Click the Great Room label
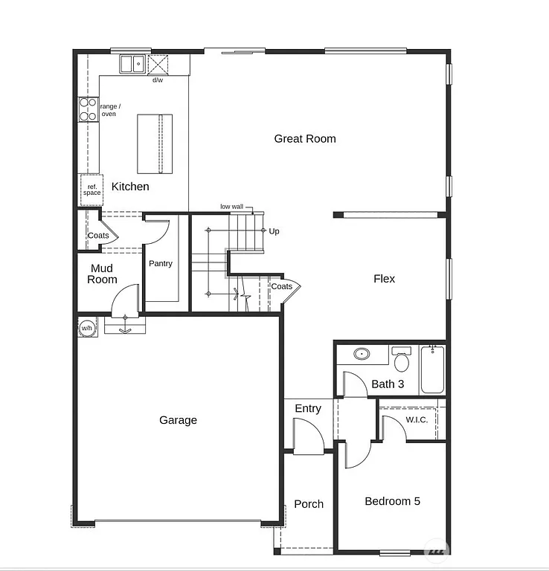[x=305, y=139]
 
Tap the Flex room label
[x=384, y=279]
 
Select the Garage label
[x=179, y=420]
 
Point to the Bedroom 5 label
[x=392, y=501]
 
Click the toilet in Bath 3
[x=402, y=361]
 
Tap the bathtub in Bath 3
[x=432, y=370]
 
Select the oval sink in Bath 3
[x=362, y=353]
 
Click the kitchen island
[x=155, y=143]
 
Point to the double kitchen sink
[x=132, y=64]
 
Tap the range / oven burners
[x=89, y=110]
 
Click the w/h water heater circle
[x=87, y=328]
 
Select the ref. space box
[x=91, y=190]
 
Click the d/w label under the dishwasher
[x=158, y=80]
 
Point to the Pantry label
[x=161, y=264]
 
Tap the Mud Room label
[x=102, y=274]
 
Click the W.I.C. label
[x=417, y=420]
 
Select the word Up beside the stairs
[x=274, y=231]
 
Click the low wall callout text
[x=231, y=207]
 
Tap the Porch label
[x=309, y=504]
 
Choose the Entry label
[x=308, y=408]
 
